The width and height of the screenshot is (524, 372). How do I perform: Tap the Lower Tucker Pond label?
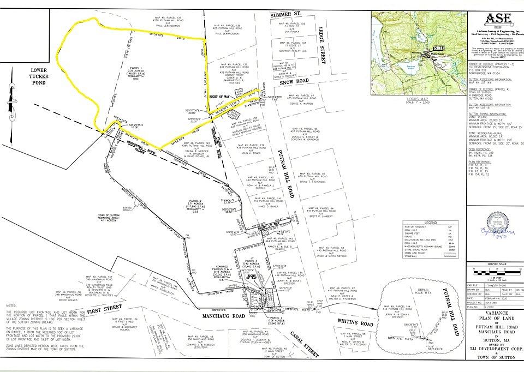(x=39, y=77)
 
